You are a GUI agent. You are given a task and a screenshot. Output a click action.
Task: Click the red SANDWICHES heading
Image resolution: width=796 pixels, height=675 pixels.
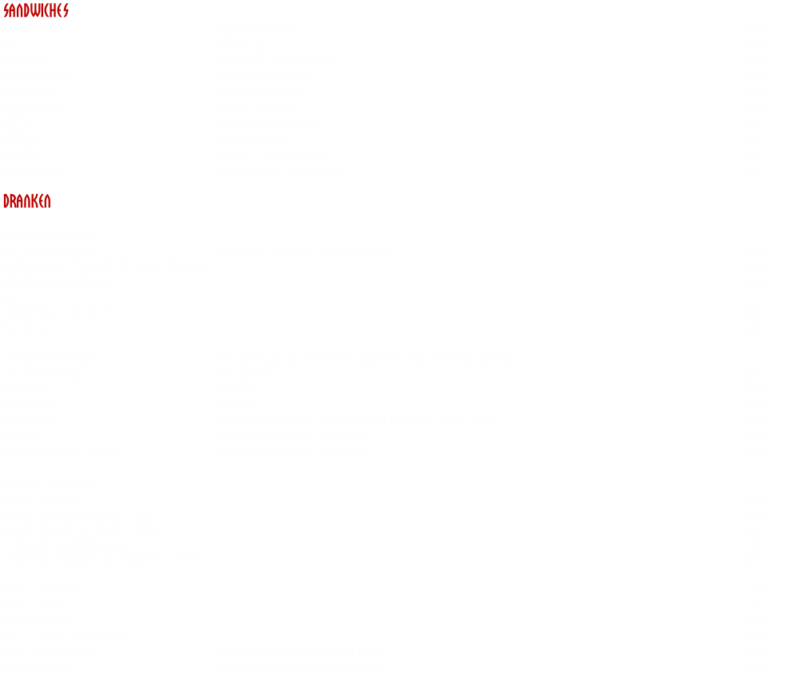pyautogui.click(x=36, y=11)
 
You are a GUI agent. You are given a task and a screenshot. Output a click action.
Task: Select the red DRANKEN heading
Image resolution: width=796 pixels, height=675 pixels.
pyautogui.click(x=26, y=201)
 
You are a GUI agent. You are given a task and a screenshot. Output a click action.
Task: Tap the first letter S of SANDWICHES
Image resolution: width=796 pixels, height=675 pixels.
pyautogui.click(x=6, y=11)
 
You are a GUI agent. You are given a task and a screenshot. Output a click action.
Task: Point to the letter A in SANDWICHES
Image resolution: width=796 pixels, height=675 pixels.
pyautogui.click(x=14, y=11)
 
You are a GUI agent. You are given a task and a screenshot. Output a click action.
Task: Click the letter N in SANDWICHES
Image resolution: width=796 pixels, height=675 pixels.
pyautogui.click(x=21, y=11)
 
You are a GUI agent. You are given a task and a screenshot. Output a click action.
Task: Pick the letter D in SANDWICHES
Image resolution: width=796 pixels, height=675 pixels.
pyautogui.click(x=28, y=11)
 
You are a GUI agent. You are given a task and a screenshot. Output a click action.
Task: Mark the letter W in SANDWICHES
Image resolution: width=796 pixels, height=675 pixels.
pyautogui.click(x=36, y=11)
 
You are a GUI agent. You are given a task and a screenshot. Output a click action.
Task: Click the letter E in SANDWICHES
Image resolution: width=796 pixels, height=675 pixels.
pyautogui.click(x=59, y=11)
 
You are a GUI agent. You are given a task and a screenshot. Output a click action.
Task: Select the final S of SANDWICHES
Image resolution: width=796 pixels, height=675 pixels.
pyautogui.click(x=66, y=11)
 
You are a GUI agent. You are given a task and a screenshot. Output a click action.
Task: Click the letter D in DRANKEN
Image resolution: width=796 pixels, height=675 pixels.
pyautogui.click(x=6, y=201)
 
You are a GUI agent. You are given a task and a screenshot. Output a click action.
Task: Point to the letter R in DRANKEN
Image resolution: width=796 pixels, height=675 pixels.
pyautogui.click(x=13, y=201)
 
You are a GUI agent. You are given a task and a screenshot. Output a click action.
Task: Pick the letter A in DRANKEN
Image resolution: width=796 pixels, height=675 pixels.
pyautogui.click(x=20, y=201)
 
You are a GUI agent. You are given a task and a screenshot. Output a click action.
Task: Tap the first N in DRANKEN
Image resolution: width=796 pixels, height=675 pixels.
pyautogui.click(x=27, y=201)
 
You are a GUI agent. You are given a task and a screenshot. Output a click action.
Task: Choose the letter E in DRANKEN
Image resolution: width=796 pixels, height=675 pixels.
pyautogui.click(x=41, y=201)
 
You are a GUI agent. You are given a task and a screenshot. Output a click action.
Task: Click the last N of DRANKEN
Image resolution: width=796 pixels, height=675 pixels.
pyautogui.click(x=47, y=201)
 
